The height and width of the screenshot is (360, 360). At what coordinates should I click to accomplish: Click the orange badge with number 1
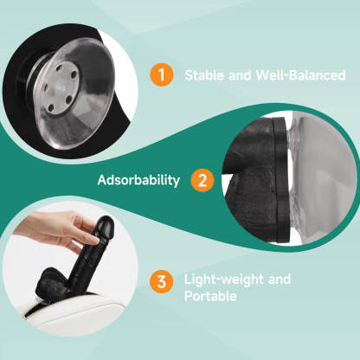click(161, 75)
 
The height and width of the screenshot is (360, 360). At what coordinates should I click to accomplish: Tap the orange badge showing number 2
click(202, 180)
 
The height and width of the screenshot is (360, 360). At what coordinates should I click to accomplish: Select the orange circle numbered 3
click(160, 281)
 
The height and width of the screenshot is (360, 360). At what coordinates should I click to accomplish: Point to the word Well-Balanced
click(302, 75)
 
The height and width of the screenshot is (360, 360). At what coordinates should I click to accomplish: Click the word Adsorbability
click(138, 180)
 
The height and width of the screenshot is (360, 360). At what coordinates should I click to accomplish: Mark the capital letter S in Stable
click(189, 75)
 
